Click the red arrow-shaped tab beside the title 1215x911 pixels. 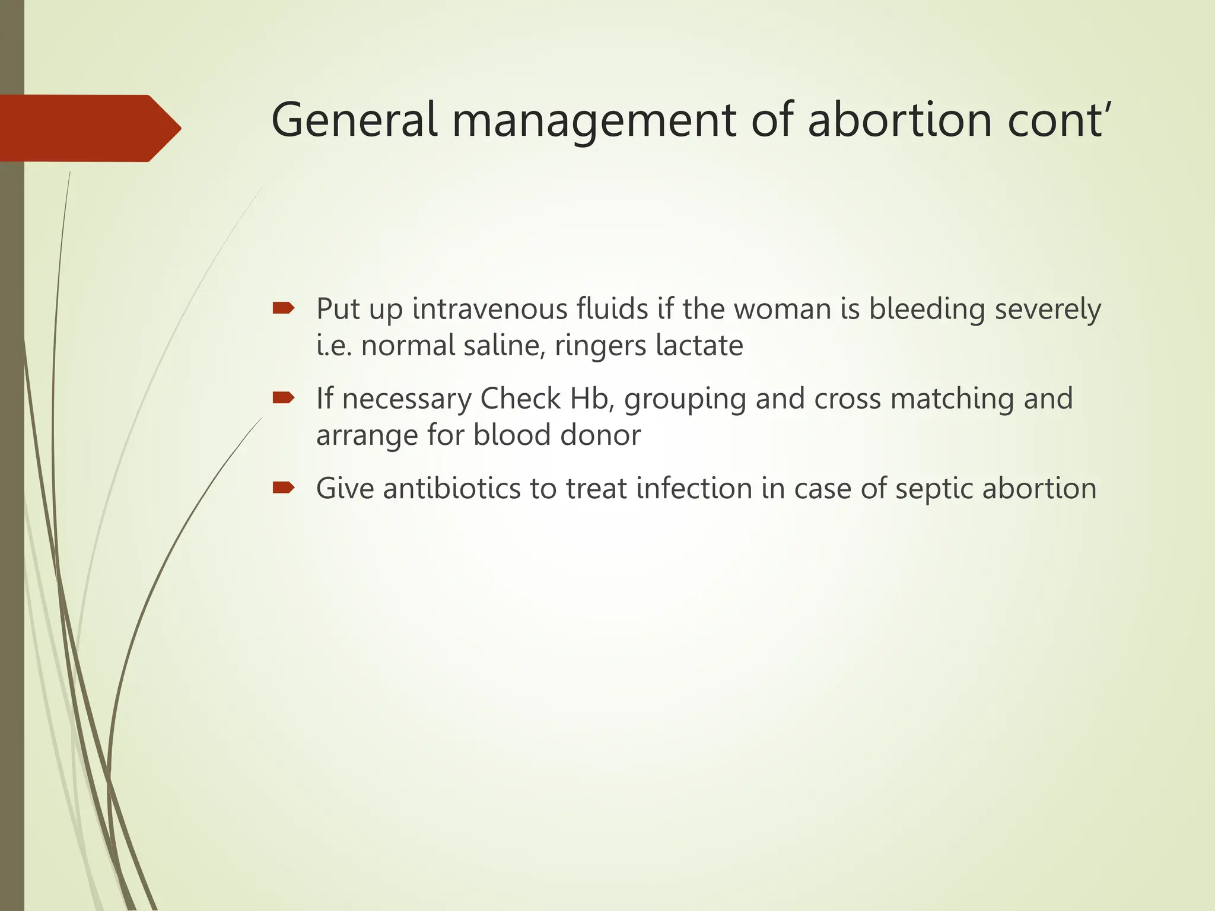[x=89, y=128]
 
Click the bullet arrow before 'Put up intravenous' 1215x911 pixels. [x=283, y=308]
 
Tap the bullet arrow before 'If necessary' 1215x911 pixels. [x=283, y=397]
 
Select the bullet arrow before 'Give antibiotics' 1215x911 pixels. [x=283, y=488]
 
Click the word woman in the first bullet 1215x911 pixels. [x=783, y=309]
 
